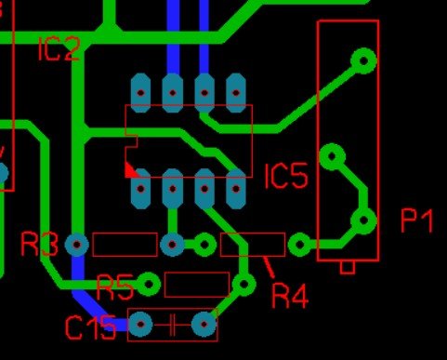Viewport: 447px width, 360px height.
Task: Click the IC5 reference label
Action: [x=286, y=176]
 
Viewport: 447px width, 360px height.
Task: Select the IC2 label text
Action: [x=59, y=48]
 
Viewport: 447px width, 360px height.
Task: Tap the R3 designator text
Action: [x=39, y=245]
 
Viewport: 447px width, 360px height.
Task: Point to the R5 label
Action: [x=115, y=287]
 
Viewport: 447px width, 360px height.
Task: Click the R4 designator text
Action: [x=290, y=297]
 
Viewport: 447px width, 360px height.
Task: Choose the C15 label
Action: [x=91, y=327]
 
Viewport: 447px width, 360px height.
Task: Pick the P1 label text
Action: [x=417, y=220]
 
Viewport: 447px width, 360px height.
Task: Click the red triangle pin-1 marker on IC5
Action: [x=131, y=170]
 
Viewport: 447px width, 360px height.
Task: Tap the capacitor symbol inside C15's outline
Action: [x=172, y=325]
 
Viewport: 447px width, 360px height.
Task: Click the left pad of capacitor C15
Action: [x=140, y=325]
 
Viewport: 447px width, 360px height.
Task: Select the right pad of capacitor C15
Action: [x=204, y=325]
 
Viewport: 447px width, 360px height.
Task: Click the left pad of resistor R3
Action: [x=77, y=245]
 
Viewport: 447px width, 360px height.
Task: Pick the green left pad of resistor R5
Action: [x=149, y=284]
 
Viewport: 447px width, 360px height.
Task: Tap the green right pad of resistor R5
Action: [x=243, y=284]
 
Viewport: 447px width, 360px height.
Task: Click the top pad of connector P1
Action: [x=363, y=60]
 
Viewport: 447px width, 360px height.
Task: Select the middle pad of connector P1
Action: [x=332, y=156]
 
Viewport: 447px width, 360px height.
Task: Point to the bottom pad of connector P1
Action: [x=363, y=220]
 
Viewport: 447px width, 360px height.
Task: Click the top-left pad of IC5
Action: [x=141, y=93]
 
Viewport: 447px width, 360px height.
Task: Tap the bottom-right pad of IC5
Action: [x=236, y=189]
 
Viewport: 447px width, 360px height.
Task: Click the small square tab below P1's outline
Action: [x=348, y=268]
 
